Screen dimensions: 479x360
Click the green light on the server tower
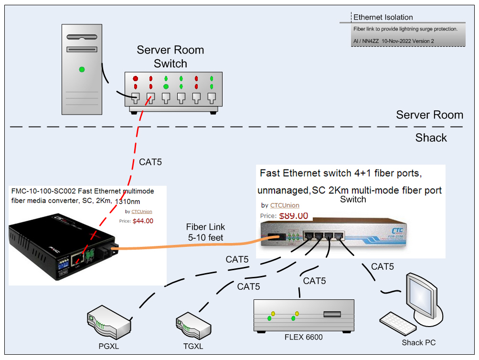(82, 69)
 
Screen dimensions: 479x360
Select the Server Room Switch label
(170, 57)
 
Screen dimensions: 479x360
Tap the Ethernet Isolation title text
(383, 17)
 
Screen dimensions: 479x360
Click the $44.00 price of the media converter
(143, 221)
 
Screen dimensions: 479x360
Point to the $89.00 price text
(294, 216)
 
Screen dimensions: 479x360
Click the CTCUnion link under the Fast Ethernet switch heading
(285, 205)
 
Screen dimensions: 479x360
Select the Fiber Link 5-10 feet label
(205, 232)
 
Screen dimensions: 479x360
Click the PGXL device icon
(109, 322)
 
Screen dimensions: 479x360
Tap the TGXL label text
(193, 346)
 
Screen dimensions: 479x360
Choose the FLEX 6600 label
(304, 337)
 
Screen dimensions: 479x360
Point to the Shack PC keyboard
(398, 324)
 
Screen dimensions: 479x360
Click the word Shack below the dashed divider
(431, 138)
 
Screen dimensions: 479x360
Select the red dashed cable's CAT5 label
(150, 162)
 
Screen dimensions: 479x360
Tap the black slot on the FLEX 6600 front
(332, 314)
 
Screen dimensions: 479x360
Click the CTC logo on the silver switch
(397, 231)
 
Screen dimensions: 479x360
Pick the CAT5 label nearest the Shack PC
(383, 266)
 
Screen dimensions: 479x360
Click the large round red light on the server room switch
(135, 78)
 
